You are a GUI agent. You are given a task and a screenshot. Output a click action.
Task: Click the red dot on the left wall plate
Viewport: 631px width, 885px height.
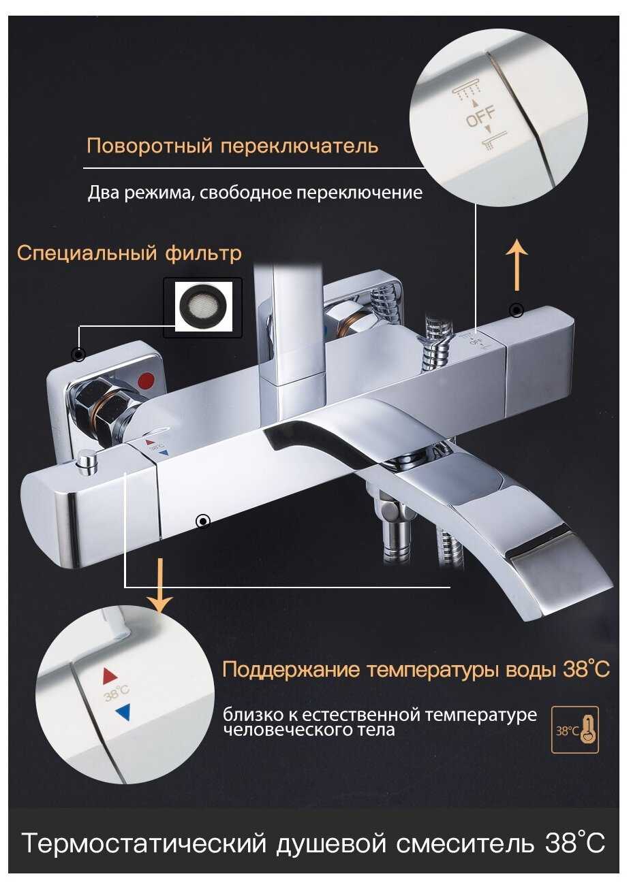coord(146,382)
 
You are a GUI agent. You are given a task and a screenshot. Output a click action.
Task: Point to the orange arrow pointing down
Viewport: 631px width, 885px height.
coord(159,585)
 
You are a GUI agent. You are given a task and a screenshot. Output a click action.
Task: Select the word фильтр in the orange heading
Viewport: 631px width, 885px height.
coord(203,254)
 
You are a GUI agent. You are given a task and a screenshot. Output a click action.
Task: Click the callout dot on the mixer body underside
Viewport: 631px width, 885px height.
coord(203,521)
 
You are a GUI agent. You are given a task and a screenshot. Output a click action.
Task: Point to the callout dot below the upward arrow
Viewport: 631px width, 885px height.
coord(517,310)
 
